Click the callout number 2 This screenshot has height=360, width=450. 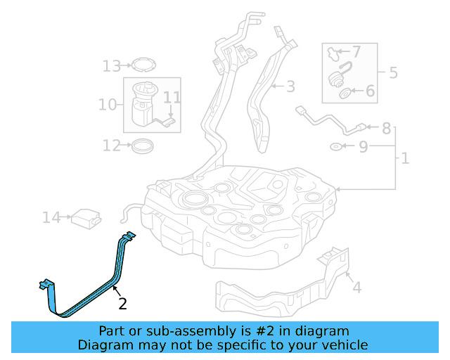click(123, 304)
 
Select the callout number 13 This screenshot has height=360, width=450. click(111, 66)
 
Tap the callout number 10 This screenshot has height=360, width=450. click(107, 105)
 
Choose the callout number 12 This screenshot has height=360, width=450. click(111, 146)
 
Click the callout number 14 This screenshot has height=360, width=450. click(51, 218)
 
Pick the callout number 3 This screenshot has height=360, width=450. click(290, 87)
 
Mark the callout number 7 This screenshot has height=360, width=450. click(356, 51)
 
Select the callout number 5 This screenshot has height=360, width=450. click(393, 72)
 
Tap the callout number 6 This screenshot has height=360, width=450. click(370, 91)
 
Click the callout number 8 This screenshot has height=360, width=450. click(386, 129)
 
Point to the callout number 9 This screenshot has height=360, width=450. click(363, 147)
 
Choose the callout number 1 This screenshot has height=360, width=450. click(405, 159)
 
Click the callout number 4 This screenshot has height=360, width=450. click(356, 288)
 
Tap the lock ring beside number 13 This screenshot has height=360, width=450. click(144, 65)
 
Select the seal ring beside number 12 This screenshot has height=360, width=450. click(143, 146)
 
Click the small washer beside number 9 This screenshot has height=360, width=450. click(337, 147)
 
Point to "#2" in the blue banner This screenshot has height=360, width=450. click(261, 330)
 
